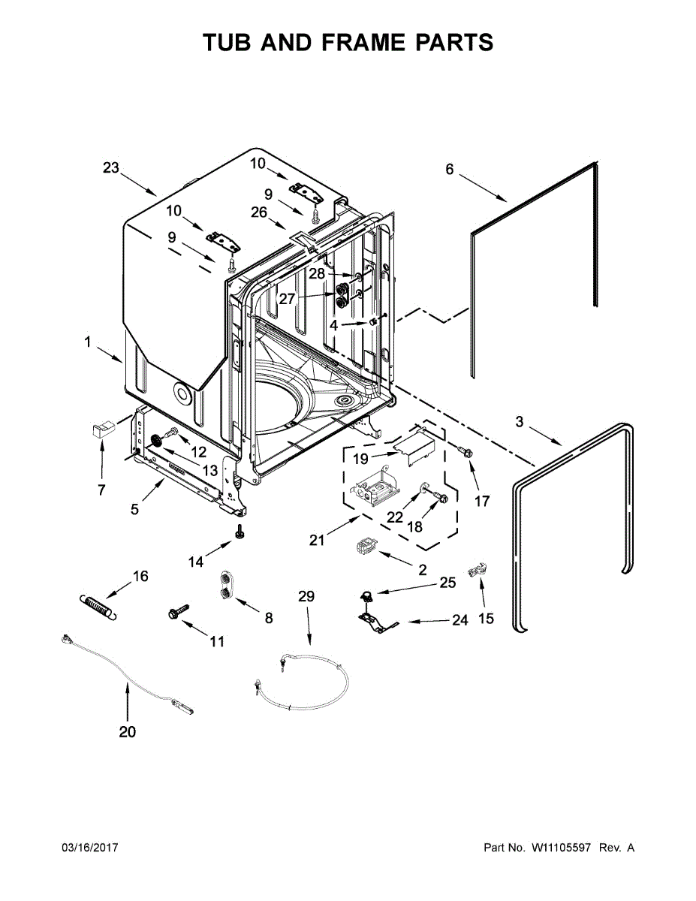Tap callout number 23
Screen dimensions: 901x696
coord(111,168)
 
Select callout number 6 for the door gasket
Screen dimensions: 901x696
coord(450,170)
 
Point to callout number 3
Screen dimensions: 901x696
coord(520,422)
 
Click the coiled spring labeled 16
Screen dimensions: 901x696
coord(98,605)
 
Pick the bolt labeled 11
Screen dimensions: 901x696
coord(179,611)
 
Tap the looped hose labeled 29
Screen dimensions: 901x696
coord(304,683)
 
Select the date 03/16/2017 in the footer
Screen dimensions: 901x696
coord(89,848)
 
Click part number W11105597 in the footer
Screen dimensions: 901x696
coord(562,848)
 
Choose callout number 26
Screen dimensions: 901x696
coord(259,212)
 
